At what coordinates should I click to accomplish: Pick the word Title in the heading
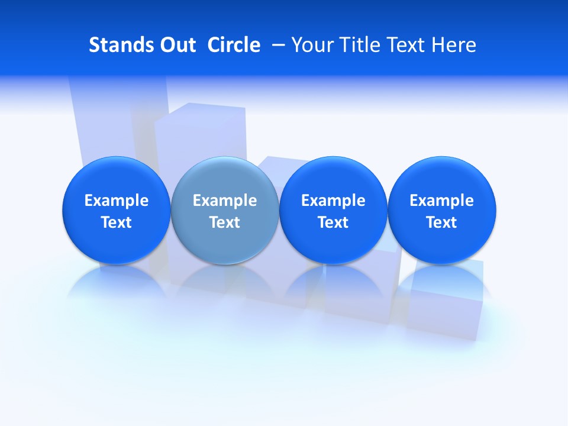[x=356, y=45]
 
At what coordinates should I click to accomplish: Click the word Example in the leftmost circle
[x=116, y=201]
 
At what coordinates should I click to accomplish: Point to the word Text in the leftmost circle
[x=116, y=222]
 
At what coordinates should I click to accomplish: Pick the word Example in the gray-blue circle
[x=224, y=201]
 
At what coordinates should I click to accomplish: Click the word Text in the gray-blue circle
[x=224, y=222]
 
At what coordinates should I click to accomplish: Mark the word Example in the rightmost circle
[x=441, y=201]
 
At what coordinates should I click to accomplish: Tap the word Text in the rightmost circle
[x=441, y=222]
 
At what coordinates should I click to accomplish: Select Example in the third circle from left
[x=333, y=201]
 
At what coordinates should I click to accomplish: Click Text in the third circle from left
[x=333, y=222]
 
